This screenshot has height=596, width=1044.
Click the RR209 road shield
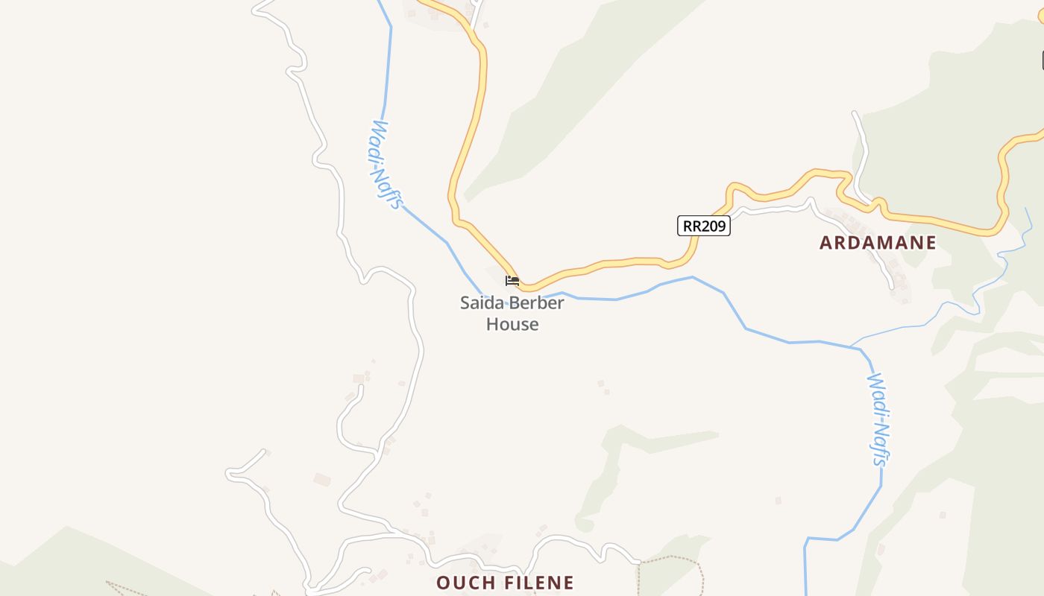(x=703, y=226)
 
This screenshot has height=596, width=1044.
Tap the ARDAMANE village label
(x=878, y=243)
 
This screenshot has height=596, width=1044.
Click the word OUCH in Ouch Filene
(x=464, y=583)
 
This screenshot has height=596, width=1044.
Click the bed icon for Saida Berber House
(x=512, y=281)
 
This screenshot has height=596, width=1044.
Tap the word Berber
(x=535, y=303)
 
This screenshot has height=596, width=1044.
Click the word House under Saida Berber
(x=512, y=324)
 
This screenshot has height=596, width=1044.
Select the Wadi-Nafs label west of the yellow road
(x=387, y=165)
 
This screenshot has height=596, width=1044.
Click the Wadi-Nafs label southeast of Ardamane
(x=879, y=419)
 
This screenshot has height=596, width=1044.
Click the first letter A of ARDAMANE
(x=826, y=243)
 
